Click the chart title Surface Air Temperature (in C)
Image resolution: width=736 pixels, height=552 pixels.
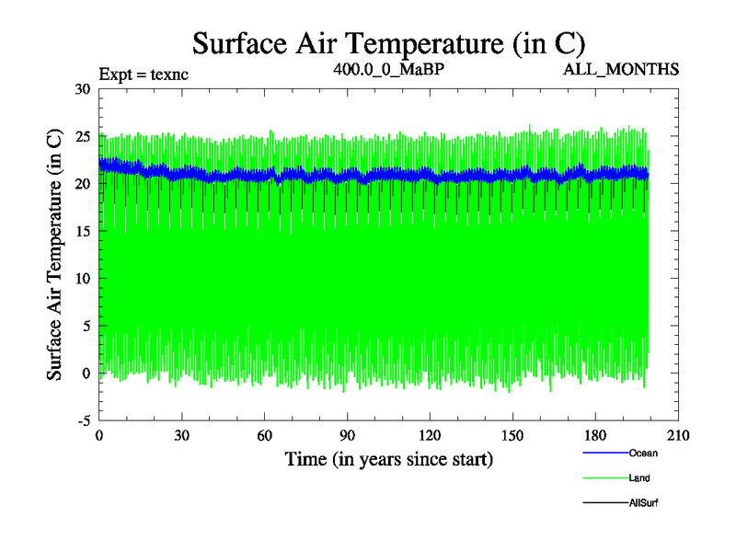pos(388,43)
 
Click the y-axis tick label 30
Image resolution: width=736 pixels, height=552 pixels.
pos(83,89)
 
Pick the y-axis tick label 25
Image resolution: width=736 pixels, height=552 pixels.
pos(83,136)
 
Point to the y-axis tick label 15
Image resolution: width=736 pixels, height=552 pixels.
pos(83,231)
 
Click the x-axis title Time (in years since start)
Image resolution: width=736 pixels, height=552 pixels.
pos(388,459)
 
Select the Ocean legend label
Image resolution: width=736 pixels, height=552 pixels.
pos(643,453)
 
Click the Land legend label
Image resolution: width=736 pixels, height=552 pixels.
pos(640,477)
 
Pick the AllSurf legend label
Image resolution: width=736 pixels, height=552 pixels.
pos(643,502)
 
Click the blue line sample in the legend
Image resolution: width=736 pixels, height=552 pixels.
pos(604,453)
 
